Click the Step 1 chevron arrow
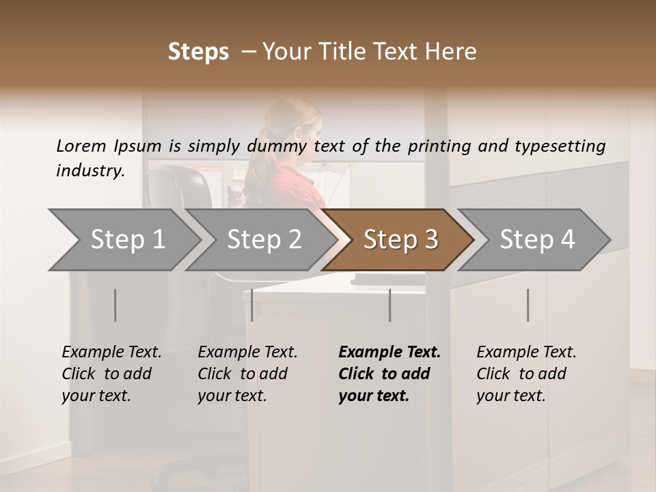pos(123,240)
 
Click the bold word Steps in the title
pos(198,52)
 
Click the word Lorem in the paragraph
pos(81,146)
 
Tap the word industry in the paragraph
pos(90,170)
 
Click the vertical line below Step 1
pos(115,305)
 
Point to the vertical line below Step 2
pos(252,305)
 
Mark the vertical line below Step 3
pos(390,305)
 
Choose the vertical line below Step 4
pos(528,305)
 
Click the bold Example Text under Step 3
pos(389,353)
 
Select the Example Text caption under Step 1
pos(111,353)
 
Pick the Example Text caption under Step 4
pos(526,353)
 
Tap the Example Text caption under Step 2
pos(247,353)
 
